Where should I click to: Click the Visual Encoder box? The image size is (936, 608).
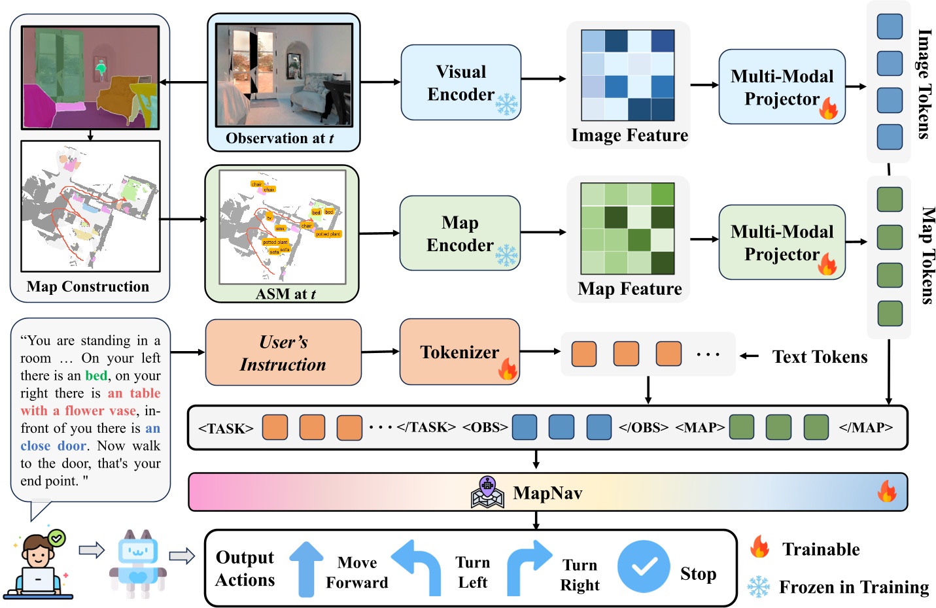click(x=460, y=82)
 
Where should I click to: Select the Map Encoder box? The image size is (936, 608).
click(x=460, y=233)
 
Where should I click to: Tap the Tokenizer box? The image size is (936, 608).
click(x=459, y=352)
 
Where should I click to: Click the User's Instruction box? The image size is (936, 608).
click(x=283, y=352)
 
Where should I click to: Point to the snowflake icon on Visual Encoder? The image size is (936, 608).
click(x=506, y=105)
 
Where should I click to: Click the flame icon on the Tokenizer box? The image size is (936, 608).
click(x=508, y=369)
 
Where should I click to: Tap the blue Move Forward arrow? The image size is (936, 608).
click(x=306, y=569)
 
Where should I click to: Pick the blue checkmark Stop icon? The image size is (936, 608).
click(x=644, y=566)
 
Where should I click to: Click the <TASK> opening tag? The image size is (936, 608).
click(x=226, y=429)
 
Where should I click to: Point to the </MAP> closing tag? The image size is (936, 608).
click(x=865, y=428)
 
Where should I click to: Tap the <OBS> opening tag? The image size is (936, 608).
click(x=485, y=428)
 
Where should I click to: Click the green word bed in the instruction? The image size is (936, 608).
click(x=96, y=375)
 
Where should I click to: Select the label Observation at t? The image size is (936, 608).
click(x=280, y=139)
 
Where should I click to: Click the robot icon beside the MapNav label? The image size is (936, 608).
click(x=487, y=492)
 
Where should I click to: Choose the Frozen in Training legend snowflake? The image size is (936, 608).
click(x=759, y=586)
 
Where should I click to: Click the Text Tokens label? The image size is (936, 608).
click(x=820, y=357)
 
